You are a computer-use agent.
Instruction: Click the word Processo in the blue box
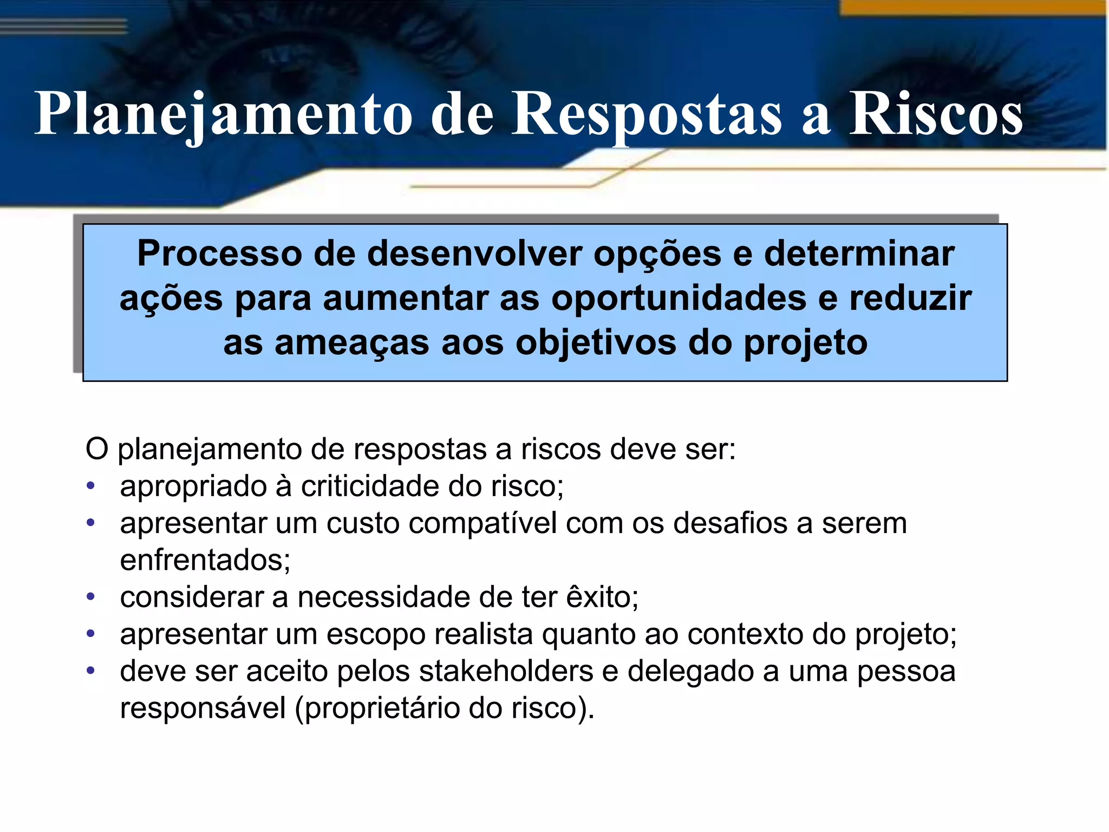(x=219, y=253)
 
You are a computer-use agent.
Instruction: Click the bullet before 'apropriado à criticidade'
(x=91, y=486)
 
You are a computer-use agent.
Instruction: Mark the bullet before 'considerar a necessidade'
(x=91, y=597)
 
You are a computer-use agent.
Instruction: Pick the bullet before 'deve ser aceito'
(x=91, y=671)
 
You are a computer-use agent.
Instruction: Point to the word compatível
(x=482, y=523)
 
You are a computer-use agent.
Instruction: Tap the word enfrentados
(x=205, y=560)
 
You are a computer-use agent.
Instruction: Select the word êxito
(x=602, y=597)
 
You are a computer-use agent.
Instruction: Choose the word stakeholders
(x=506, y=672)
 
